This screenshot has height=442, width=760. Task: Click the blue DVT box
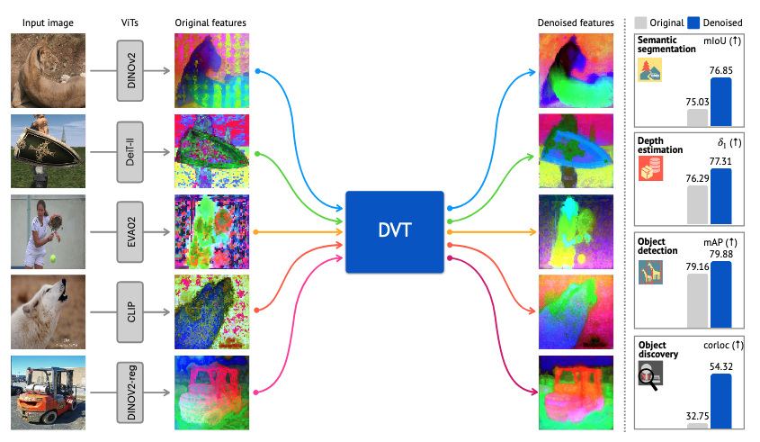(395, 231)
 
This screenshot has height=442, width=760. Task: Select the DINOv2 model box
(130, 69)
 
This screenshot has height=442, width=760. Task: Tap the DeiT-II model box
(130, 150)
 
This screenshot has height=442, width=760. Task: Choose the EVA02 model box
(130, 230)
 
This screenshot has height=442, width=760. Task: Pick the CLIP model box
(130, 311)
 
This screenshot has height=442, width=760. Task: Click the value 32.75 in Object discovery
(697, 417)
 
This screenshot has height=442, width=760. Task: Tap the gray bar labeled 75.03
(697, 117)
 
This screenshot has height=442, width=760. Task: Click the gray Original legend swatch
(640, 23)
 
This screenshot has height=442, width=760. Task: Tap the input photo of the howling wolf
(48, 311)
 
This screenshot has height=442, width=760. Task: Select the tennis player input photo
(48, 230)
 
